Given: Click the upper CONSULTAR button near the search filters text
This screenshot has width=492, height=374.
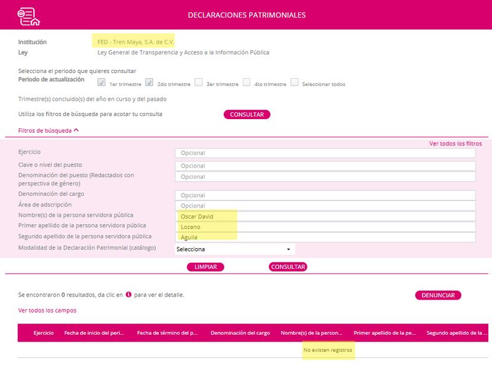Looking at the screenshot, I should coord(247,114).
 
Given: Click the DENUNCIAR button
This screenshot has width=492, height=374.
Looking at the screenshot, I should coord(438,295).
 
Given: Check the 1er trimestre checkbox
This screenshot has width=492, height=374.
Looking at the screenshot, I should coord(101,82).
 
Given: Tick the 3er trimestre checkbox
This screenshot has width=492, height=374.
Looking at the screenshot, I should coord(199,82).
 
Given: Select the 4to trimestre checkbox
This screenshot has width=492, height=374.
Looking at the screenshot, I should coord(247,82).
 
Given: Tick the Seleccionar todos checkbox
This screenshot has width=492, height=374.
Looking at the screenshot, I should coord(295,82).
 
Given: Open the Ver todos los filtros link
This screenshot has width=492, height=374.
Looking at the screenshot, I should coord(455,143).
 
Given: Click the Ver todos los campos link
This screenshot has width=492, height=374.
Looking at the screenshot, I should coord(47,310).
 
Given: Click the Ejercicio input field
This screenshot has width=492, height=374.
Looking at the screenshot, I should coord(325,153).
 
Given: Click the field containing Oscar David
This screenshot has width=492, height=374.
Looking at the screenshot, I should coord(325,216).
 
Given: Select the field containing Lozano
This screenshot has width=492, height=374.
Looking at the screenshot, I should coord(325,227).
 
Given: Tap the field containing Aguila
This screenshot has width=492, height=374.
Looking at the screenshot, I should coord(325,237).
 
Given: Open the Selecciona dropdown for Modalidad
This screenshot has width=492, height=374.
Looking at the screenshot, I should coord(234,249).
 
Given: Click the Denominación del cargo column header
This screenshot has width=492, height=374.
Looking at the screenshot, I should coord(240,333).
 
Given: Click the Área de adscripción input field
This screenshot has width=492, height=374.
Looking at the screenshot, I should coord(325,206).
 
